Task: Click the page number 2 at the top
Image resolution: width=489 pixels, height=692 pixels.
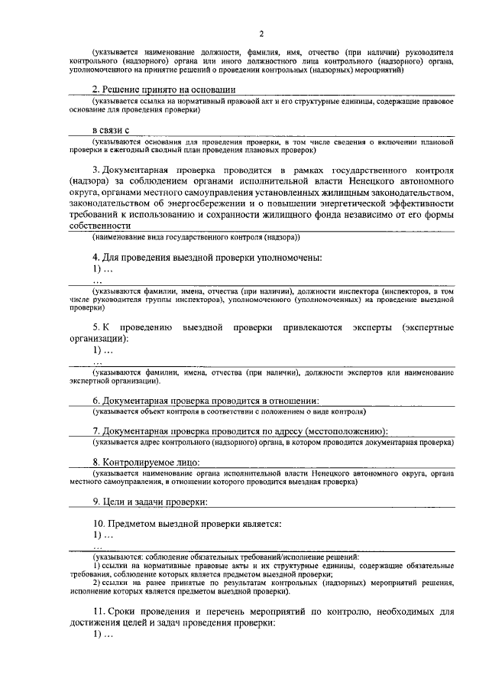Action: [261, 33]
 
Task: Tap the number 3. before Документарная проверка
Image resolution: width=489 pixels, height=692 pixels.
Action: [96, 167]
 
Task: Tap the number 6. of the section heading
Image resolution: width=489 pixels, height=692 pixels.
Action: [97, 400]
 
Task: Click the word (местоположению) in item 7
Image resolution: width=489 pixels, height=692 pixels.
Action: [335, 430]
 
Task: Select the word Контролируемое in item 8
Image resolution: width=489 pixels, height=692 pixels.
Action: [142, 462]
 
